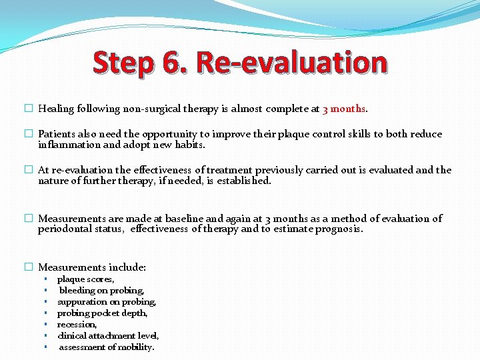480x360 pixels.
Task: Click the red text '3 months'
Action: point(344,109)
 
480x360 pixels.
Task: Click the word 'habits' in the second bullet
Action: point(189,144)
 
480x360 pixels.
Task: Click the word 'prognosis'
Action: point(337,229)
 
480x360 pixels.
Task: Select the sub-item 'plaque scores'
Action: point(85,279)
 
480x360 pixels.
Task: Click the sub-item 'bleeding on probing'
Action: point(101,291)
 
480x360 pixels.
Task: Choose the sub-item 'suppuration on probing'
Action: point(107,302)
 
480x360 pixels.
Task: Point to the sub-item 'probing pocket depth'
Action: point(102,313)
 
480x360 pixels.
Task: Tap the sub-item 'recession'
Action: point(77,325)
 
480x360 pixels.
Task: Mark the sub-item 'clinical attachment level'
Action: point(108,336)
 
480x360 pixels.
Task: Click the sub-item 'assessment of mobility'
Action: point(107,347)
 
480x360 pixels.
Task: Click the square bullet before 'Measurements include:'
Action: point(29,267)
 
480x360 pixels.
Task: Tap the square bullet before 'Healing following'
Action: point(29,109)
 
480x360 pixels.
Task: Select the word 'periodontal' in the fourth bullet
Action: point(64,229)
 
